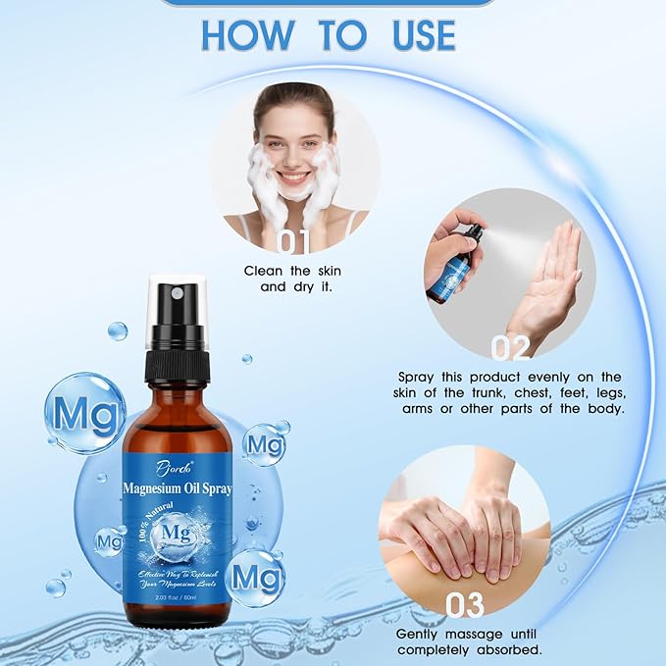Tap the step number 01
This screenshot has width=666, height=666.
click(293, 241)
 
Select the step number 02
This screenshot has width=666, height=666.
click(510, 346)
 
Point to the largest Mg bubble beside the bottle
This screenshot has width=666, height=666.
click(85, 412)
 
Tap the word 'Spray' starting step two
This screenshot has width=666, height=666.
click(419, 377)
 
